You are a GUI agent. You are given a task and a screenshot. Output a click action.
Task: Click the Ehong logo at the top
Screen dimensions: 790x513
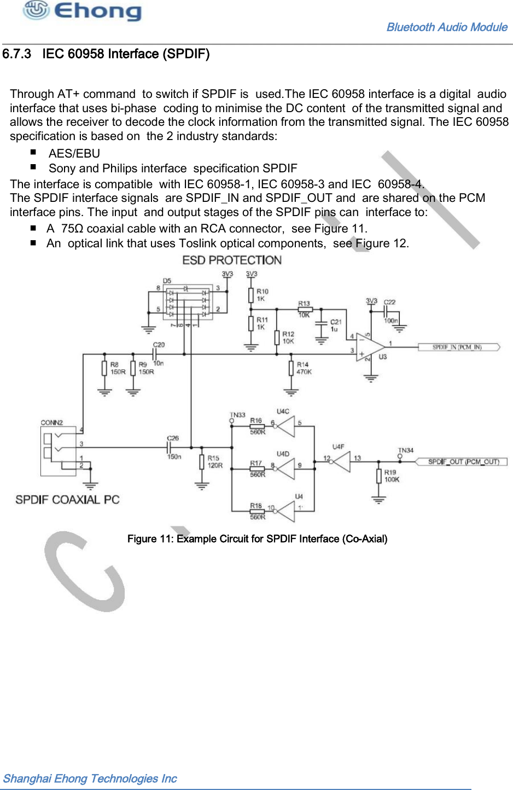pyautogui.click(x=82, y=11)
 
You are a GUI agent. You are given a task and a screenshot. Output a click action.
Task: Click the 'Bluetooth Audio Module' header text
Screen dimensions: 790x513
pyautogui.click(x=446, y=27)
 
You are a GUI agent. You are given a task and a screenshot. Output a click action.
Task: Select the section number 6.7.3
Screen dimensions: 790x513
pyautogui.click(x=16, y=54)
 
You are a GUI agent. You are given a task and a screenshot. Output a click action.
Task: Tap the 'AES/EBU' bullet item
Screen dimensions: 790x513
pyautogui.click(x=74, y=154)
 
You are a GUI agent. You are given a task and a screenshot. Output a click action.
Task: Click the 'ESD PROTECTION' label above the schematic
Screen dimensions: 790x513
pyautogui.click(x=232, y=260)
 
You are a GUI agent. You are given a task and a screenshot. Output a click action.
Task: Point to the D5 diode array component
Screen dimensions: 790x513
pyautogui.click(x=188, y=300)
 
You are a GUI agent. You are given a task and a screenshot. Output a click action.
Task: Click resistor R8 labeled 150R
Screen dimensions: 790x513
pyautogui.click(x=104, y=368)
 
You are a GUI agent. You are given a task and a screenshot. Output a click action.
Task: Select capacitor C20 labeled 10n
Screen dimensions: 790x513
pyautogui.click(x=155, y=354)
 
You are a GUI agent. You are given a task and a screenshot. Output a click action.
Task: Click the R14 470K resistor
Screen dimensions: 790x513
pyautogui.click(x=291, y=368)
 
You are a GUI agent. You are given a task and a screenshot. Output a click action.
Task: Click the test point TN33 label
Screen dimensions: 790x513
pyautogui.click(x=237, y=415)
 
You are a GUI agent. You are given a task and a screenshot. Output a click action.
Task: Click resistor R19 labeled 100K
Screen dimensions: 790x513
pyautogui.click(x=378, y=476)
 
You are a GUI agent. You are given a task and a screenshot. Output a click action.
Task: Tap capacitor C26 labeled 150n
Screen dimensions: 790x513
pyautogui.click(x=170, y=448)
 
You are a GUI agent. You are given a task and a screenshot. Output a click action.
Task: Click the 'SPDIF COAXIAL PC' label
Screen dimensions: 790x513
pyautogui.click(x=67, y=500)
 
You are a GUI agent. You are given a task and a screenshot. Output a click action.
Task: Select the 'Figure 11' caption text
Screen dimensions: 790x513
pyautogui.click(x=257, y=539)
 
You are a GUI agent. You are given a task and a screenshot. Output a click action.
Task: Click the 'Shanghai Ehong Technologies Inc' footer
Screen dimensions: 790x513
pyautogui.click(x=90, y=779)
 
